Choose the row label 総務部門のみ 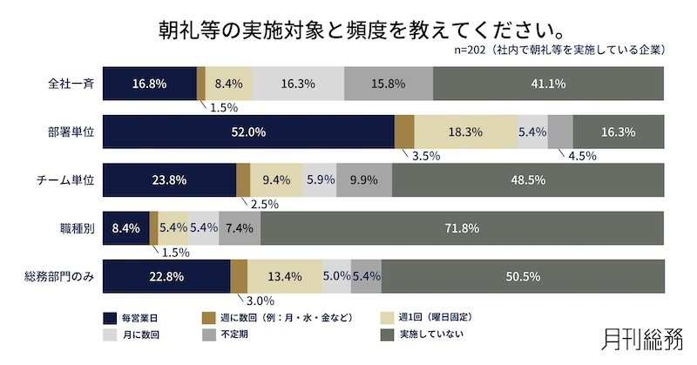tap(59, 277)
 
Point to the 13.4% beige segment tap(284, 277)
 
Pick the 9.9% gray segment tap(363, 180)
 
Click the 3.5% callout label tap(425, 156)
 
